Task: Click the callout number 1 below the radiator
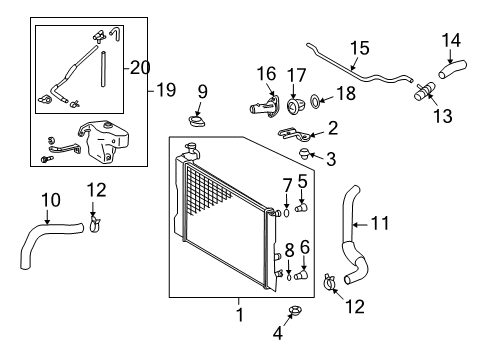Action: click(x=239, y=316)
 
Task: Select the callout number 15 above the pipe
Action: click(x=358, y=46)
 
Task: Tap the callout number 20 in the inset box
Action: click(x=139, y=68)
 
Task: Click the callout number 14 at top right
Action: click(x=452, y=41)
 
